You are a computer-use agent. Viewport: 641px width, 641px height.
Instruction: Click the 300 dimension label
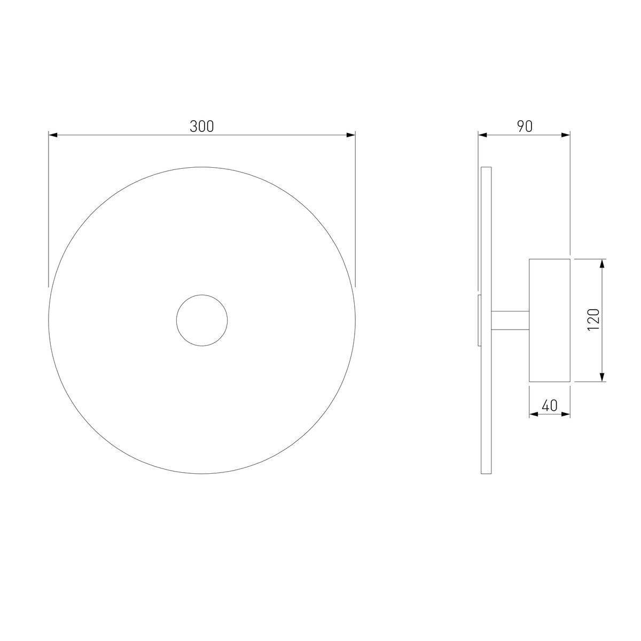[x=201, y=126]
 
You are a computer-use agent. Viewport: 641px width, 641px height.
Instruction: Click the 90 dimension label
[x=525, y=126]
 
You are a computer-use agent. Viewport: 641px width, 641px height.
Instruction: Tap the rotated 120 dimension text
[x=593, y=319]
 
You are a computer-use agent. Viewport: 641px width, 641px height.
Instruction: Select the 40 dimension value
[x=550, y=405]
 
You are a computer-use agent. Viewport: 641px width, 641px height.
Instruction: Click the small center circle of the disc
[x=202, y=295]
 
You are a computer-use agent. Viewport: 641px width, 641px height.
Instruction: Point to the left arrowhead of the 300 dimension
[x=53, y=135]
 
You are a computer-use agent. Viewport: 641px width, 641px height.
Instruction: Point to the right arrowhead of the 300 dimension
[x=351, y=135]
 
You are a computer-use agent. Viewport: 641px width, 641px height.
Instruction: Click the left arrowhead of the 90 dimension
[x=483, y=135]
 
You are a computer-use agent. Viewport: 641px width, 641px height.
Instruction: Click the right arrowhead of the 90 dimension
[x=566, y=135]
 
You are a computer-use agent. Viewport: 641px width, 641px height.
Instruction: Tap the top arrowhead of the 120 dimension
[x=601, y=263]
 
